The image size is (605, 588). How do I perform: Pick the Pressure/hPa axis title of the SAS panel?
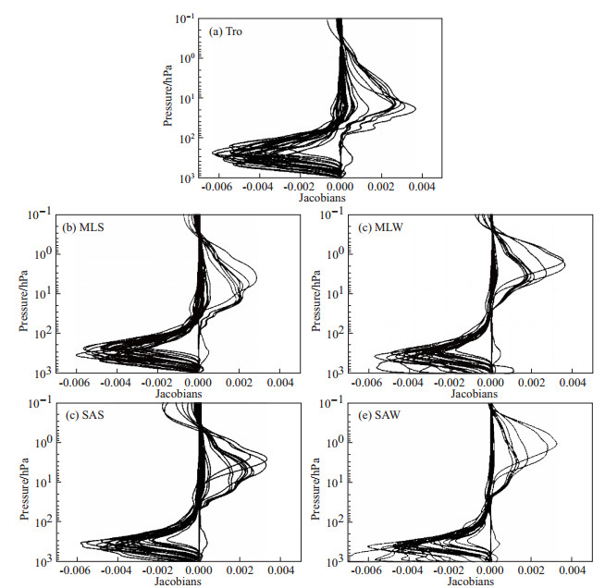[x=21, y=482]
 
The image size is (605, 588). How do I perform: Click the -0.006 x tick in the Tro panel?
[x=219, y=187]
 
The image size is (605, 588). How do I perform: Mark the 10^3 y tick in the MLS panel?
[x=39, y=372]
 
